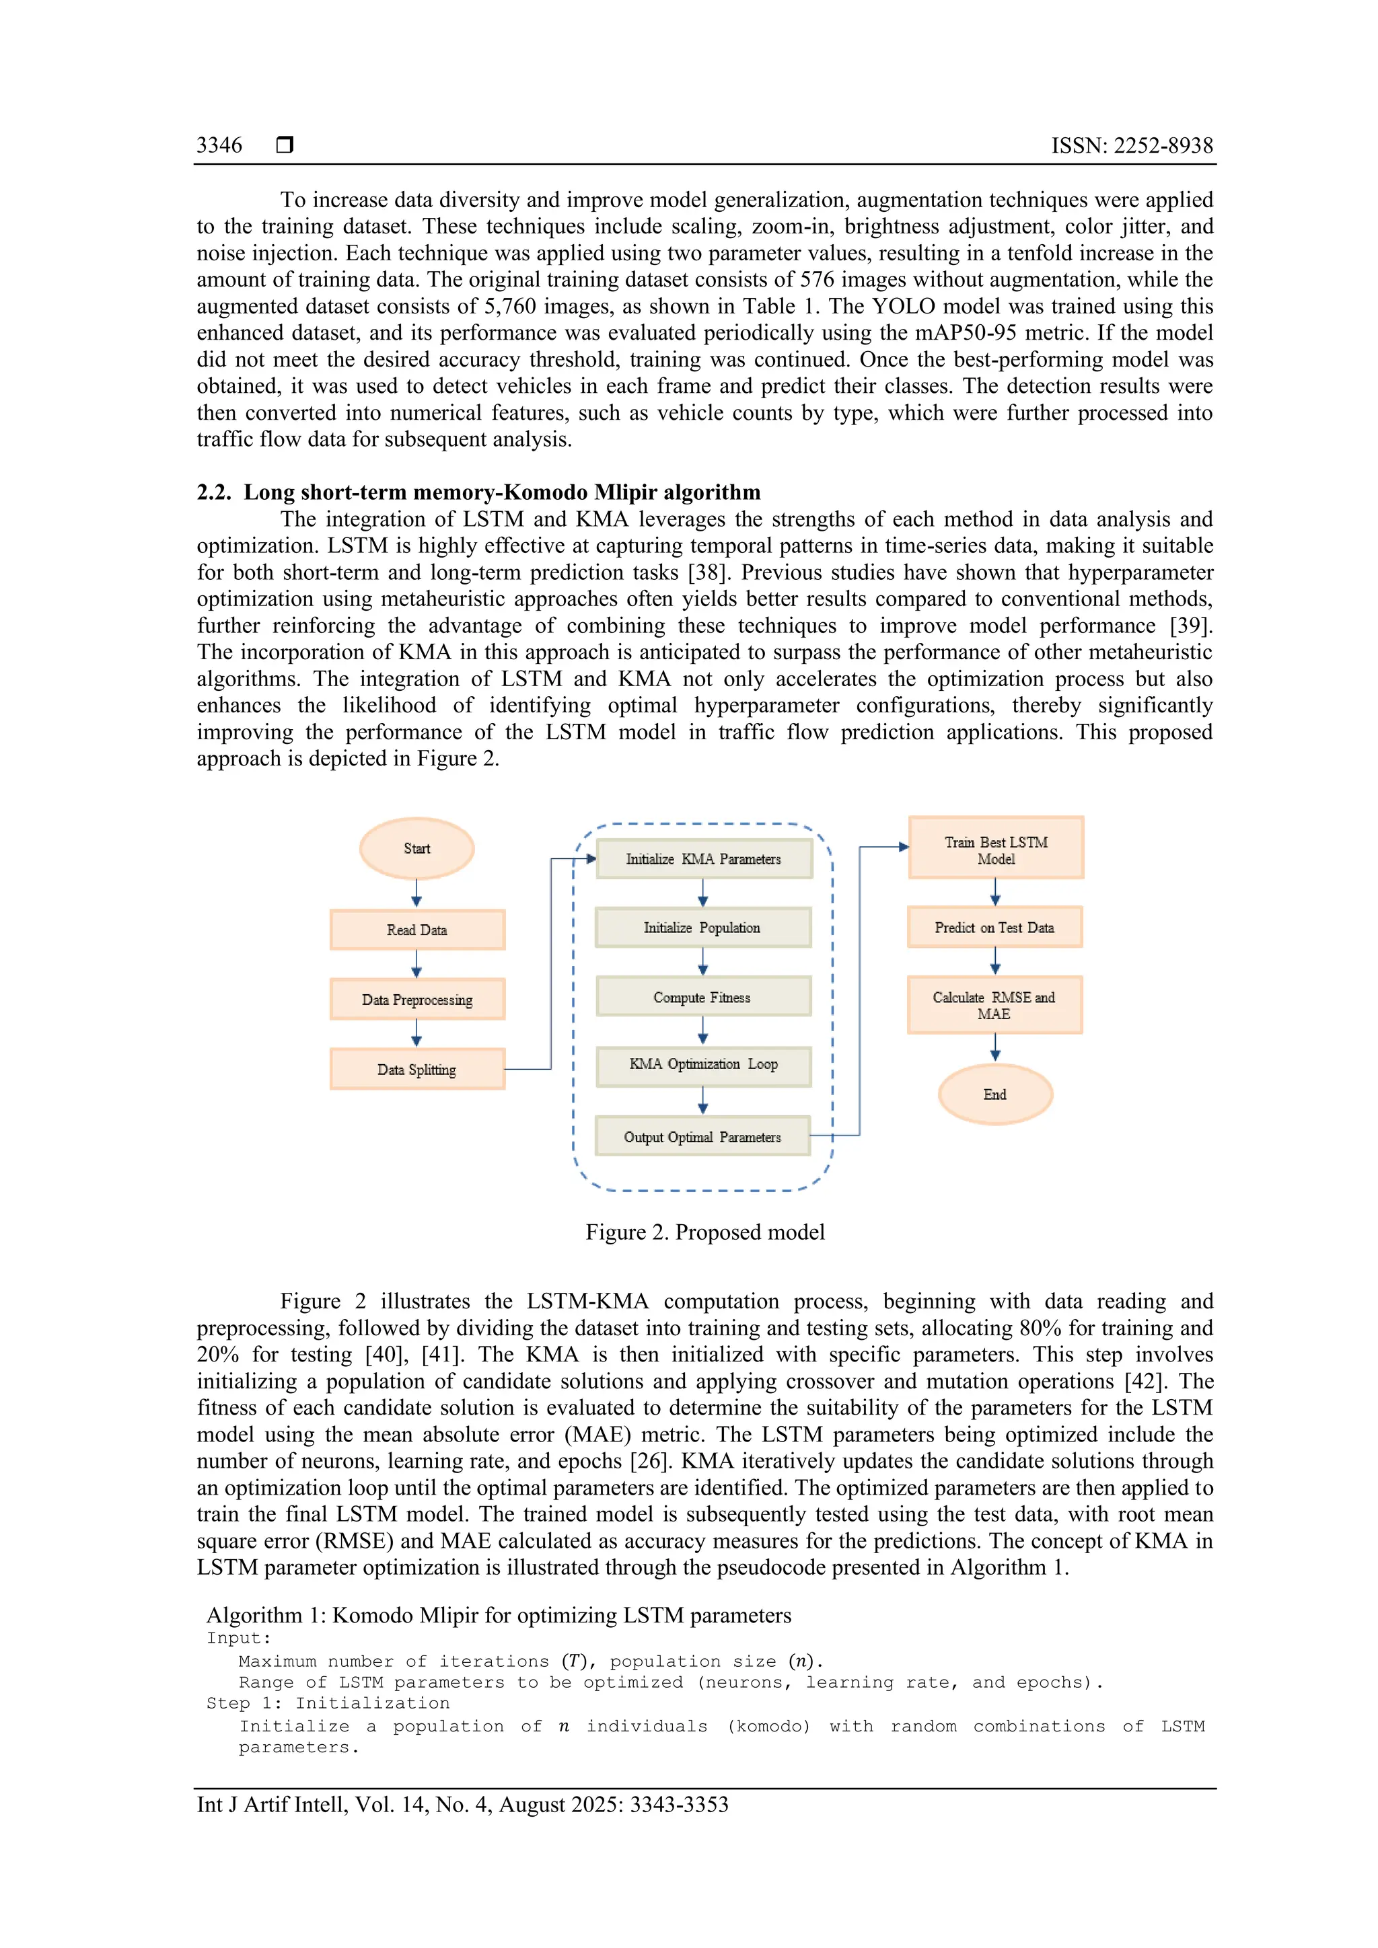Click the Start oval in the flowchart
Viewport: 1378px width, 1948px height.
[x=416, y=848]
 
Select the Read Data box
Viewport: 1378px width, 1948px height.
[x=416, y=930]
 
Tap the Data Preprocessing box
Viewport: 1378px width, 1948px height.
[x=416, y=1000]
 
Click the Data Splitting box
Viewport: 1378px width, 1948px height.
[x=416, y=1069]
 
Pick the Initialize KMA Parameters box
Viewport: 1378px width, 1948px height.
[x=703, y=858]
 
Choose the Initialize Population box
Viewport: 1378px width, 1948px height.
[x=702, y=928]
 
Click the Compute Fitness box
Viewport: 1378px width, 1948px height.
[x=702, y=997]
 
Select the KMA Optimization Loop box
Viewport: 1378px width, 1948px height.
[x=703, y=1065]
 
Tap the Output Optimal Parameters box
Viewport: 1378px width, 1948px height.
[x=702, y=1137]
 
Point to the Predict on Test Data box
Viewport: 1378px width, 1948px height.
[x=994, y=928]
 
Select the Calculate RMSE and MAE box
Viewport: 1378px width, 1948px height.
[x=994, y=1006]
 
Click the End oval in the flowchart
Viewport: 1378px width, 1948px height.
[x=995, y=1094]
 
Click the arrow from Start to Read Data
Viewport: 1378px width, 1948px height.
[x=416, y=893]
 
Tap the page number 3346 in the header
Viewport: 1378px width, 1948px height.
[x=219, y=145]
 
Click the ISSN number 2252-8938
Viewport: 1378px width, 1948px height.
[x=1163, y=146]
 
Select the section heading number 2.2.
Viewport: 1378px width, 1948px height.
[x=213, y=493]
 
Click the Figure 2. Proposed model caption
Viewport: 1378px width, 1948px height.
[x=704, y=1232]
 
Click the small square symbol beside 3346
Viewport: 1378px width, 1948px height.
[x=285, y=145]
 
